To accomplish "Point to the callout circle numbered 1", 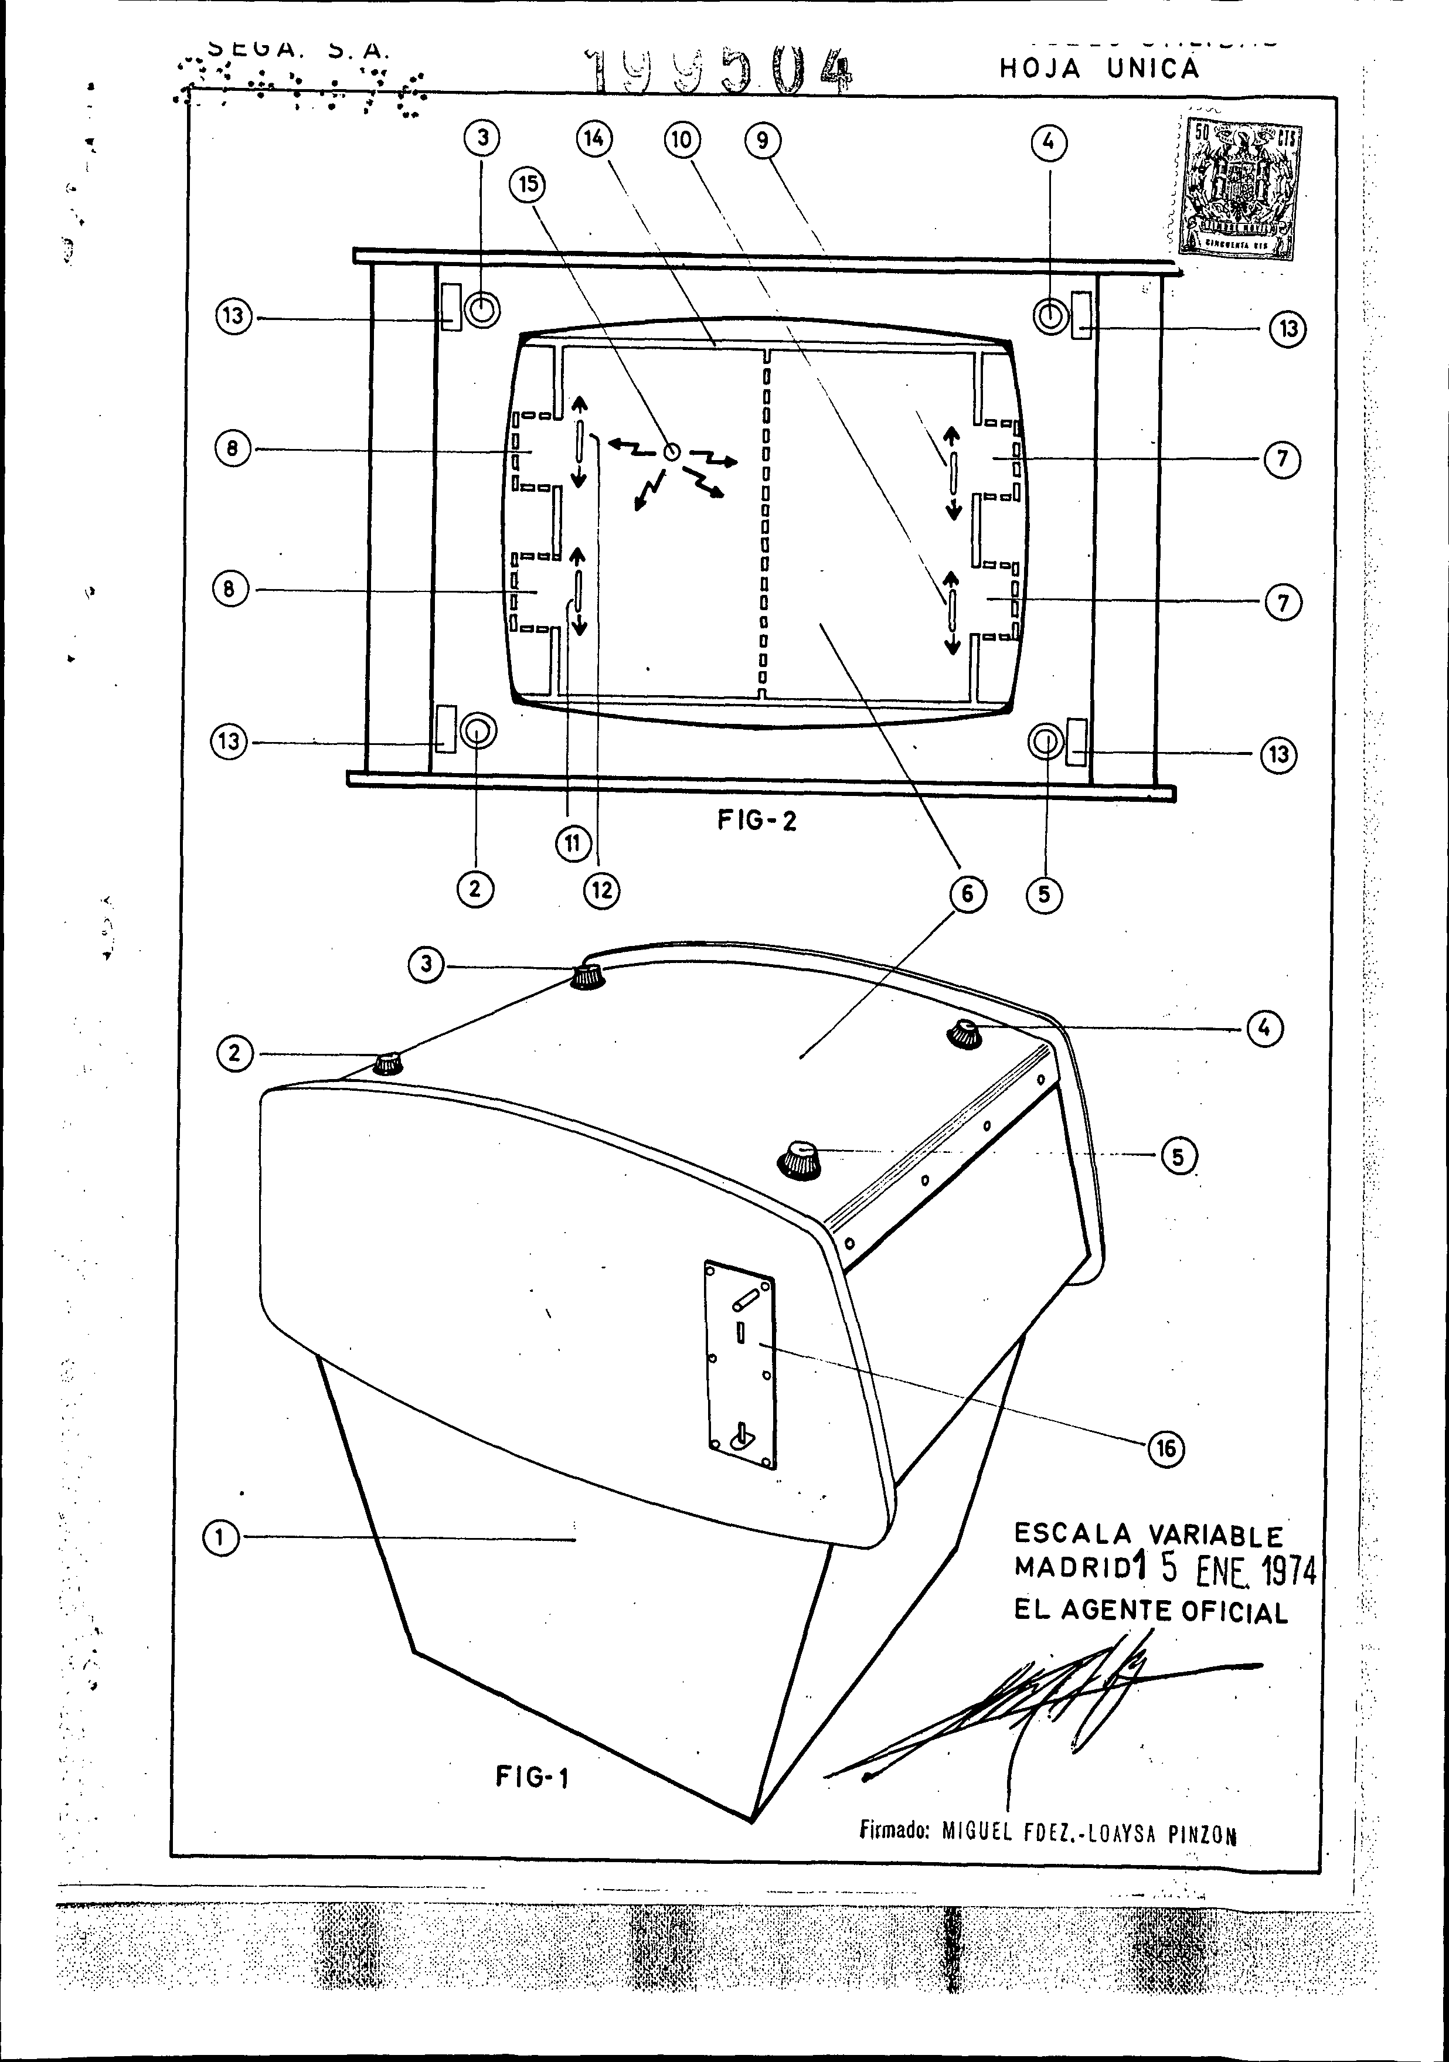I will [220, 1539].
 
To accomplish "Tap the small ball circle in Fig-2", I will [670, 454].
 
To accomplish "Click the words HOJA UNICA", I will [1098, 69].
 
